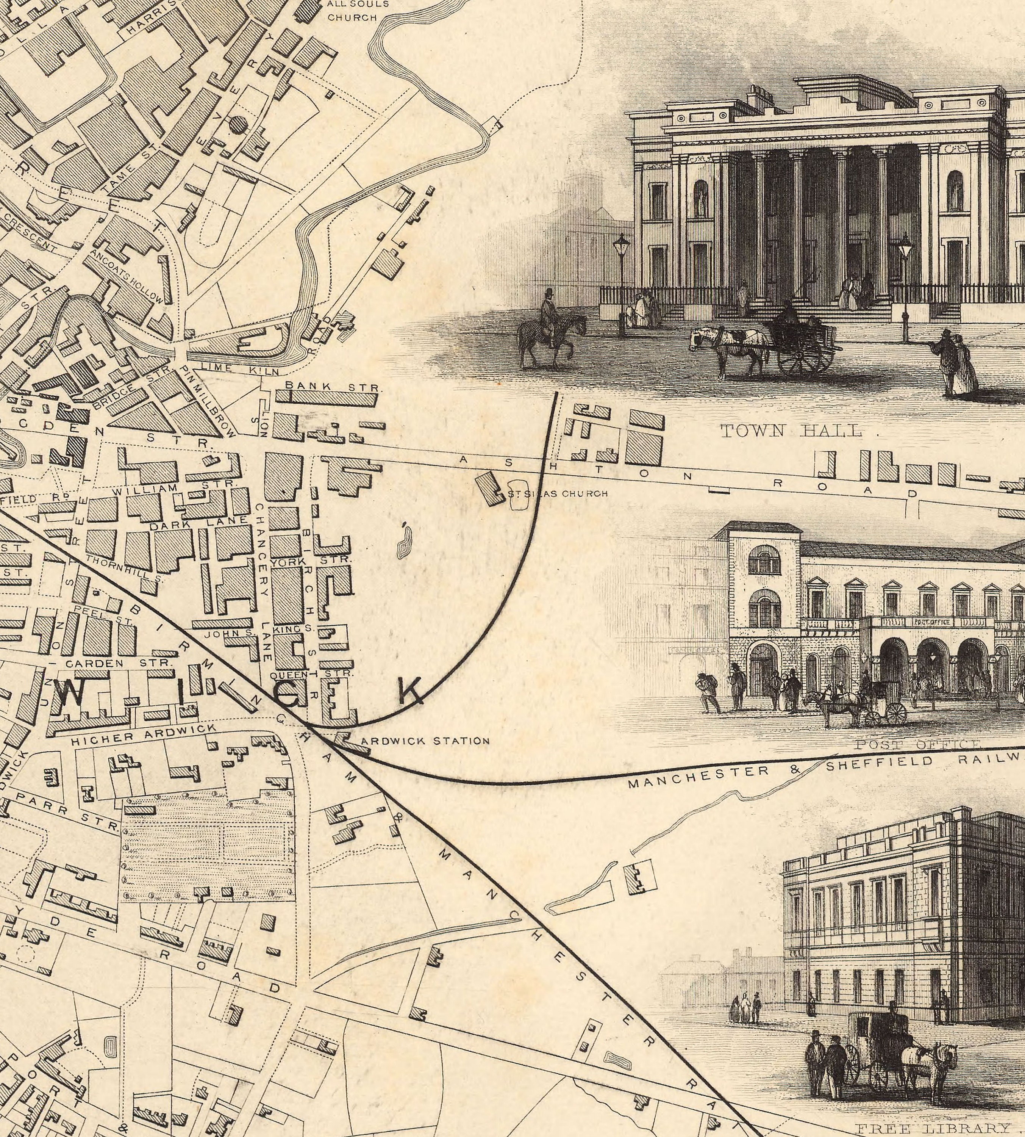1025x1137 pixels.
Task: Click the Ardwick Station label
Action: (x=425, y=741)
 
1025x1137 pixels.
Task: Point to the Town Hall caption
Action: (x=791, y=432)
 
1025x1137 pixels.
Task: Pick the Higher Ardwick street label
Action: (x=144, y=735)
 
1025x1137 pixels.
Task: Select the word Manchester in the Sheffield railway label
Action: (x=698, y=776)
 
